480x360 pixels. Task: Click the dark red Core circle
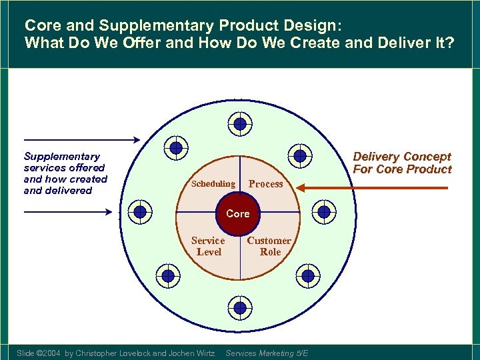tap(238, 214)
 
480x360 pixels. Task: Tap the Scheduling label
tap(213, 183)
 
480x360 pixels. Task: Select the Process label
tap(265, 184)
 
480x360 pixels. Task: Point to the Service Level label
tap(208, 246)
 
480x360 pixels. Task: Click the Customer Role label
tap(269, 246)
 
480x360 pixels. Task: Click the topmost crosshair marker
tap(239, 123)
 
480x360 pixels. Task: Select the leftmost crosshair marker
tap(140, 212)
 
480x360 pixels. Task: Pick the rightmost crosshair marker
tap(324, 212)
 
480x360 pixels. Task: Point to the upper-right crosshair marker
tap(300, 155)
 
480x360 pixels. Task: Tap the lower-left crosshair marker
tap(168, 275)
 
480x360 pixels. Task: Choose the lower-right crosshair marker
tap(307, 275)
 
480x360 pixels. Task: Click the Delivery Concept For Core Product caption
tap(402, 163)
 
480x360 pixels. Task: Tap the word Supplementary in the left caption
tap(62, 156)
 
